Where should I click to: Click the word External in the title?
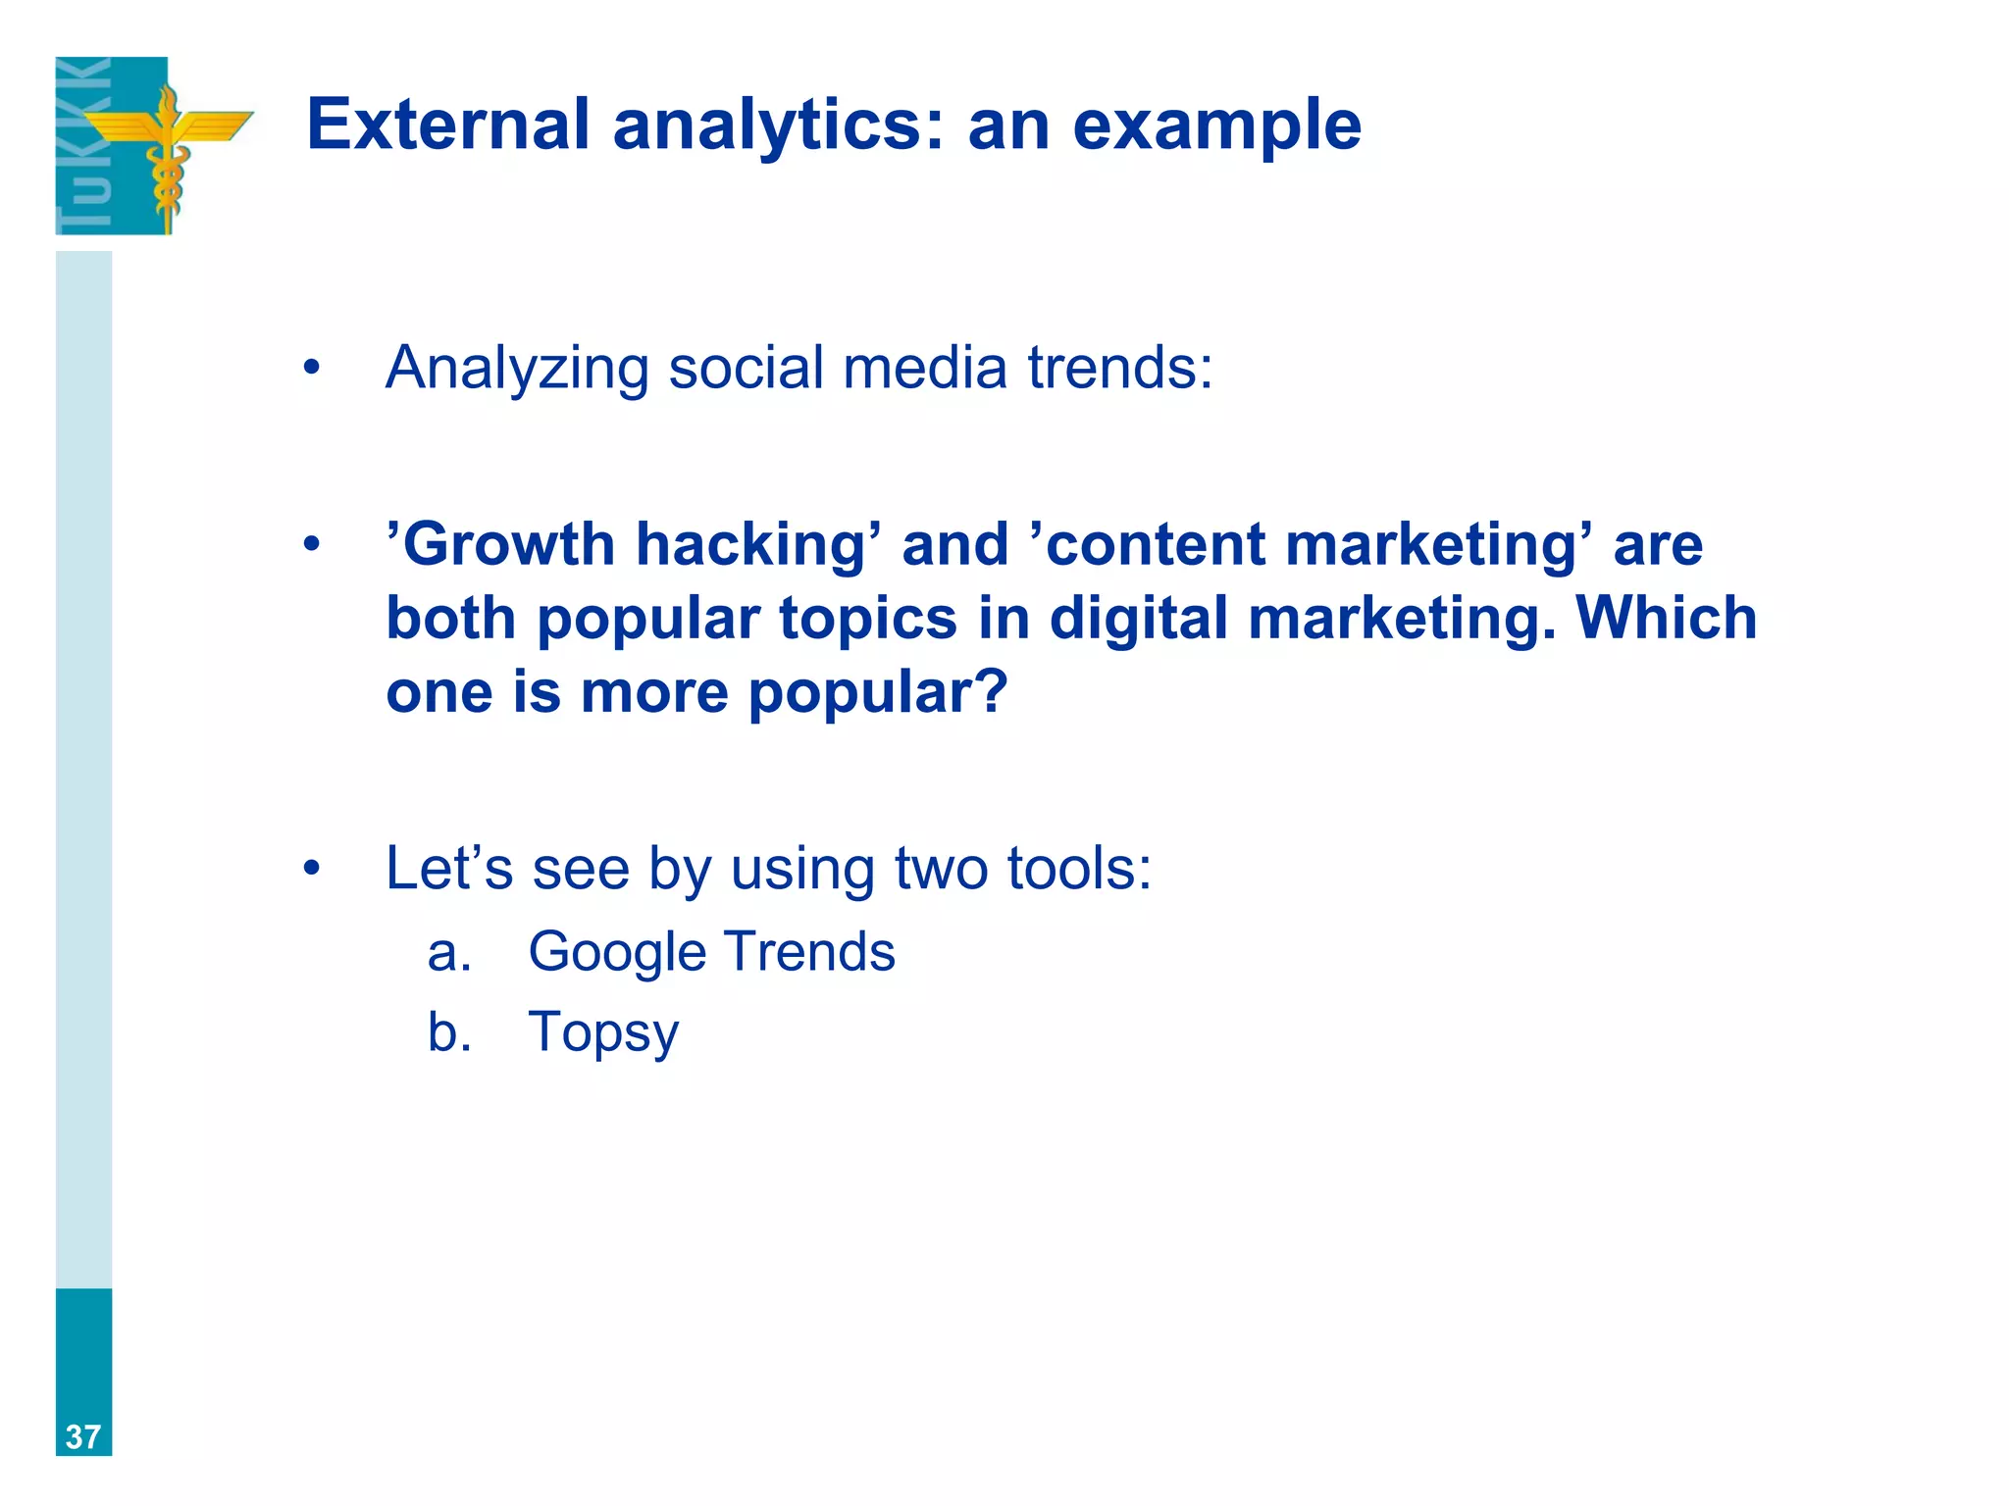coord(447,125)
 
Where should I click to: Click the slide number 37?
coord(83,1436)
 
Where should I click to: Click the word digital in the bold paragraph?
coord(1138,620)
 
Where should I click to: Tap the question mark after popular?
coord(992,692)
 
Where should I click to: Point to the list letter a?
coord(447,953)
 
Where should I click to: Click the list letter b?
coord(447,1031)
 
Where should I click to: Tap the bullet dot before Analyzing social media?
coord(312,369)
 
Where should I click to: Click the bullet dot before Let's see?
coord(312,869)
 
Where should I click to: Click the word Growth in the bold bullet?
coord(509,545)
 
